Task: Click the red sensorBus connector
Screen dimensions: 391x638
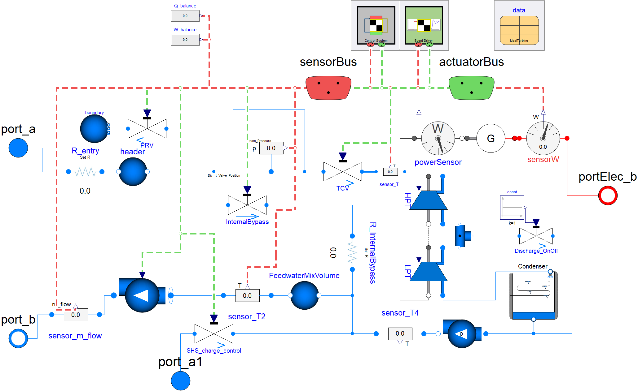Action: pos(328,88)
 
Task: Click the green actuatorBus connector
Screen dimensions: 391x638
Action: pos(471,88)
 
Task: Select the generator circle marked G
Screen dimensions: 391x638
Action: pos(491,138)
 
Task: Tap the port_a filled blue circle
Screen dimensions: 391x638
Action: pos(18,148)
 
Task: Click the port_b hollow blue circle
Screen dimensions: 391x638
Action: pos(18,338)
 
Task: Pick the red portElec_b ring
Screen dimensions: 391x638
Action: pos(608,195)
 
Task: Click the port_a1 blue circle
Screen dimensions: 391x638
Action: pos(180,380)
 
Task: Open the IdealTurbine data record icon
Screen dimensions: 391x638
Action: pos(519,30)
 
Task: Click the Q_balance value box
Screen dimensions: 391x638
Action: pos(185,16)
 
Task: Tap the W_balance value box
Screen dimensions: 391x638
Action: pos(185,40)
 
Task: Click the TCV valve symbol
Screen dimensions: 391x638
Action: pos(342,172)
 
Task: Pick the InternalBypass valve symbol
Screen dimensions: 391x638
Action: pos(247,205)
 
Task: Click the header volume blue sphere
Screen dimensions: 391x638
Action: pos(133,172)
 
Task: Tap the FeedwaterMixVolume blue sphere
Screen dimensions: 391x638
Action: pos(304,295)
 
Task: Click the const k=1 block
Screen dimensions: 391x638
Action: pos(512,207)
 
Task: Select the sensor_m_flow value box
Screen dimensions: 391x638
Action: pos(76,315)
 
